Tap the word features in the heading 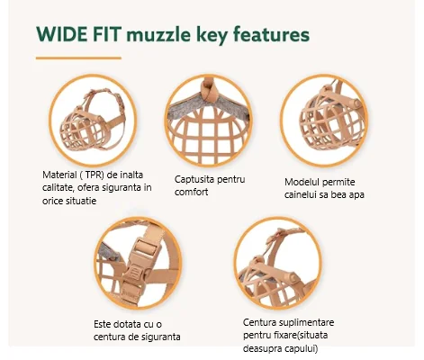pyautogui.click(x=271, y=34)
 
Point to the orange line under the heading pyautogui.click(x=78, y=58)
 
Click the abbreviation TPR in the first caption pyautogui.click(x=95, y=175)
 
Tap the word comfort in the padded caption pyautogui.click(x=191, y=192)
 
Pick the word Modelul pyautogui.click(x=302, y=182)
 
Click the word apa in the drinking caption pyautogui.click(x=356, y=195)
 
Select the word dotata pyautogui.click(x=127, y=324)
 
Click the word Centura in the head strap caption pyautogui.click(x=259, y=322)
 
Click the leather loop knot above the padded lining pyautogui.click(x=209, y=90)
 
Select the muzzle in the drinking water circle pyautogui.click(x=330, y=120)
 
